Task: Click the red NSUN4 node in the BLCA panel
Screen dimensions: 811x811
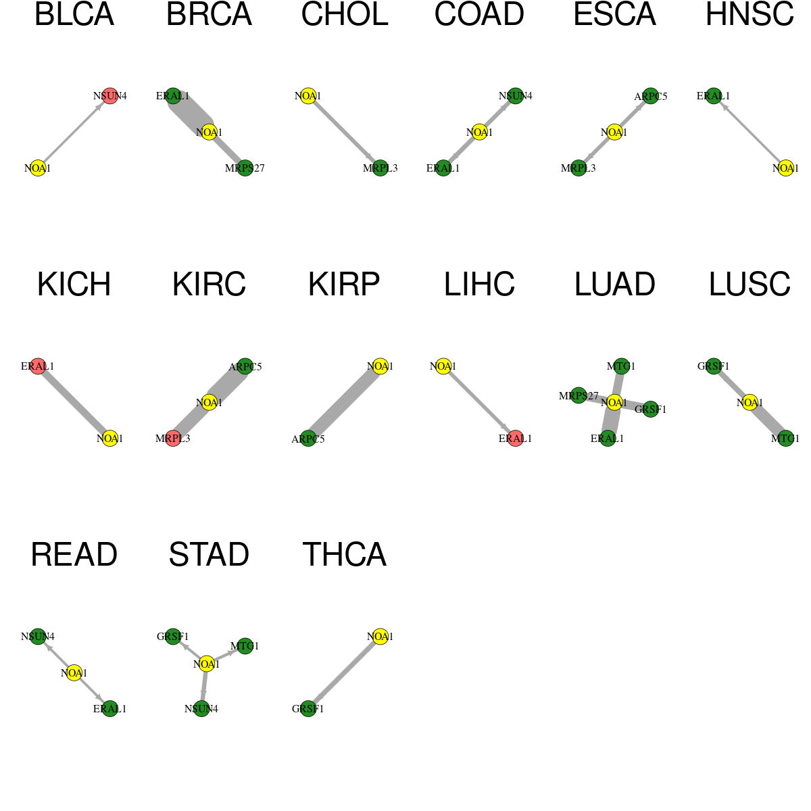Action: click(x=110, y=96)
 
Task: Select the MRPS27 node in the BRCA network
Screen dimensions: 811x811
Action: click(x=245, y=168)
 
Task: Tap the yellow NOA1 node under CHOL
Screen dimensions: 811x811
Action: click(x=308, y=96)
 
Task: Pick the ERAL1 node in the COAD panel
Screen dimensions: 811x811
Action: click(x=443, y=168)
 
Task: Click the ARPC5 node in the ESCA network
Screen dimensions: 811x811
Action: click(x=651, y=96)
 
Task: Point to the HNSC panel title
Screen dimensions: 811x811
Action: click(x=749, y=15)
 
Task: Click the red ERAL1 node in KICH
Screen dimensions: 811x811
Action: click(x=38, y=366)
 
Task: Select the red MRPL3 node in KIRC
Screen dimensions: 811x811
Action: click(x=173, y=438)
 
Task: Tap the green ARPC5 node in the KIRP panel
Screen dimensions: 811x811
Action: click(x=308, y=439)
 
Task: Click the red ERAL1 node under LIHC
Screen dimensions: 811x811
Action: click(x=515, y=438)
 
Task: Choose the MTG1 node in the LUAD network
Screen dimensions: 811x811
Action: click(x=621, y=366)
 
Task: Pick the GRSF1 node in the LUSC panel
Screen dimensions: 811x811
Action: click(x=714, y=366)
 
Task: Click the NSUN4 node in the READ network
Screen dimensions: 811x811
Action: click(x=38, y=637)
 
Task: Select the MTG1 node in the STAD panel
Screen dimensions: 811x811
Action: click(x=245, y=645)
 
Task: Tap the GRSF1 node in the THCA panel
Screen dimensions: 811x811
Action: click(x=308, y=709)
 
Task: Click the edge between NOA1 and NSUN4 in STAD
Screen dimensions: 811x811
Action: click(x=204, y=687)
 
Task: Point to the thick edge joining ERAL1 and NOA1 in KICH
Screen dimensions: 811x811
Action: click(x=74, y=402)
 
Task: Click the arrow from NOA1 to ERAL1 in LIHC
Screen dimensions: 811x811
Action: click(x=479, y=402)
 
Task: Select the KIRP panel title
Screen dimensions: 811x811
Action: click(x=344, y=285)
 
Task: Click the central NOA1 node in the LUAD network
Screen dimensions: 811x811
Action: click(x=614, y=402)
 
